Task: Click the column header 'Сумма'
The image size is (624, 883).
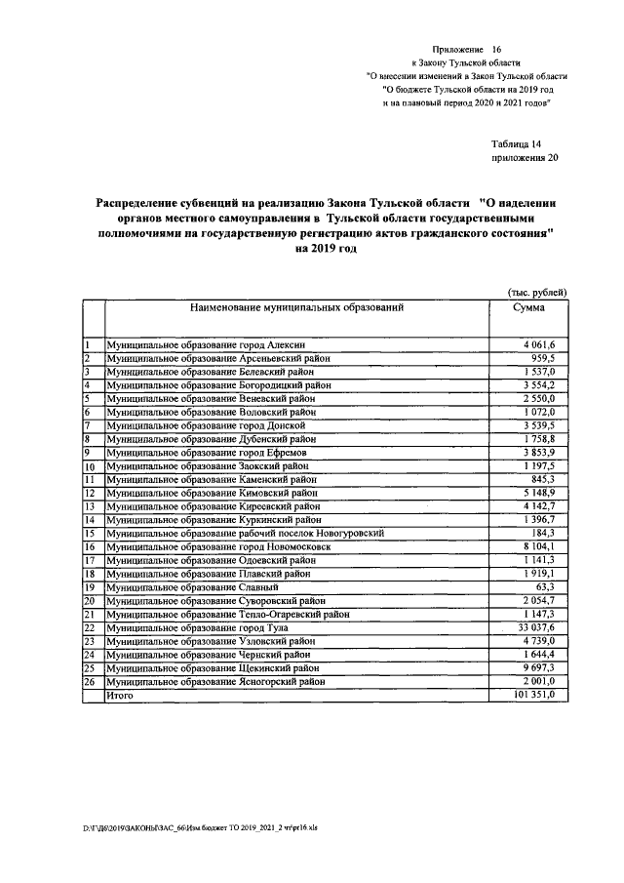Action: [x=527, y=307]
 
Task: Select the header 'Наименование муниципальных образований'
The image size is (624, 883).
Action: [x=296, y=307]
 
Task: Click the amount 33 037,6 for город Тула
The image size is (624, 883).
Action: [x=534, y=628]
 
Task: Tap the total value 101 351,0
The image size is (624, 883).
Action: [x=532, y=695]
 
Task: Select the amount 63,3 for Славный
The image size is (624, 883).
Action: [x=544, y=587]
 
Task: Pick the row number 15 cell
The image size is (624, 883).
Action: [x=89, y=534]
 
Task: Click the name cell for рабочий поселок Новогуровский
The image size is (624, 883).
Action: [x=245, y=534]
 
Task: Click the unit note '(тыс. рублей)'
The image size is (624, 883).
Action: [x=536, y=292]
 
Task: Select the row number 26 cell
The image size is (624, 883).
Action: [x=89, y=682]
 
